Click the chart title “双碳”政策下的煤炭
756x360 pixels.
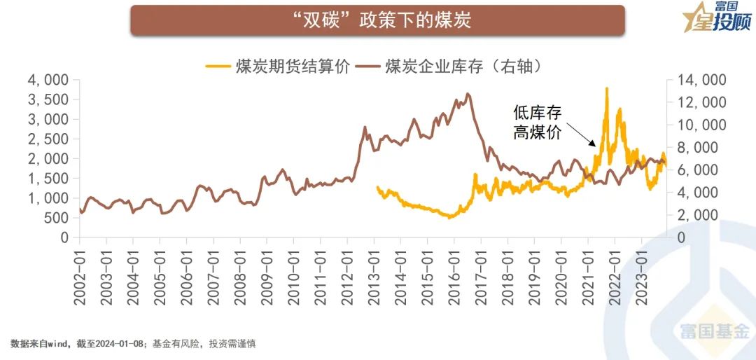pos(377,20)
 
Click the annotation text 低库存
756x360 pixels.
pos(538,112)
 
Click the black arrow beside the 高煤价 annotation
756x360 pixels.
pos(581,135)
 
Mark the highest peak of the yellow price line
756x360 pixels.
pos(606,88)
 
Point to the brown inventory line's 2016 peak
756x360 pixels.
pos(468,94)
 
